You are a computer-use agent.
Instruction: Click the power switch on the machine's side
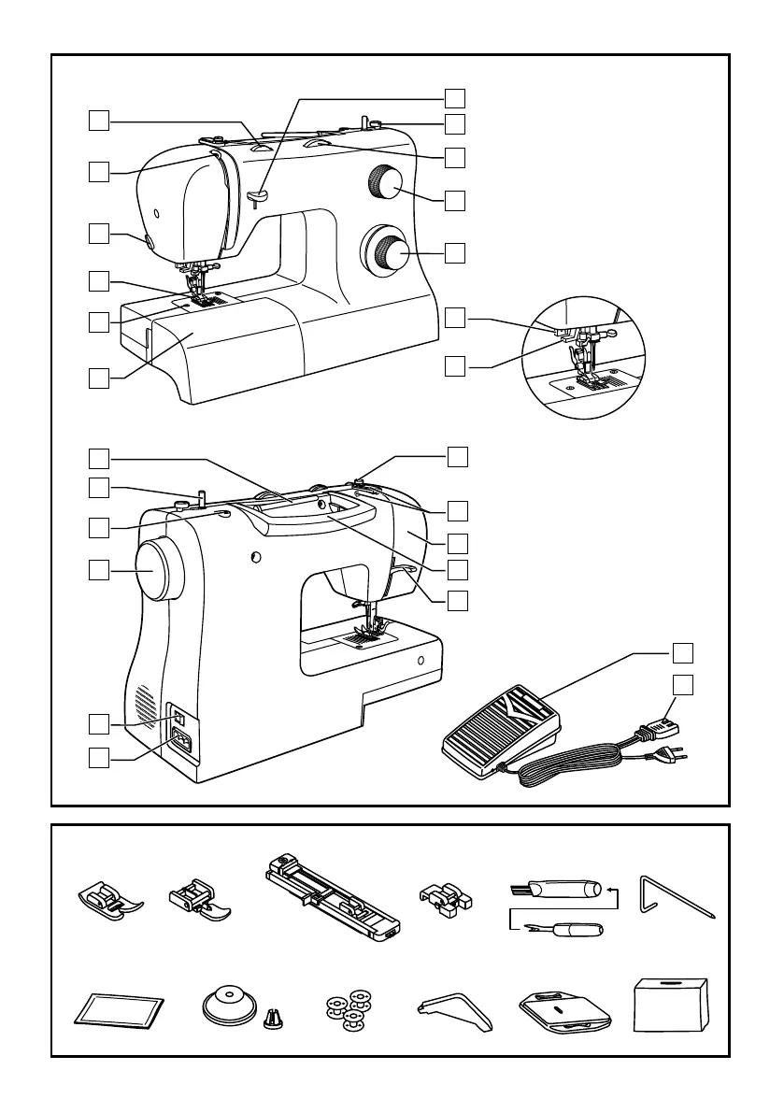tap(180, 720)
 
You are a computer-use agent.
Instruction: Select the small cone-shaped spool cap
tap(275, 1014)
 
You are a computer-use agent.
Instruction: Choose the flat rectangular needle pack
tap(119, 1012)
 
